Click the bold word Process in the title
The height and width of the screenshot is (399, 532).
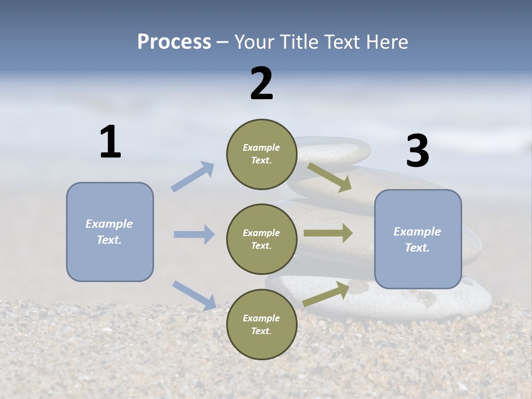coord(174,42)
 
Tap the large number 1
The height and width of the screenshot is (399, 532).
coord(110,142)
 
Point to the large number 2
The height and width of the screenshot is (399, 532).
coord(262,84)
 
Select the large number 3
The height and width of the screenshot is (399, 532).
coord(417,151)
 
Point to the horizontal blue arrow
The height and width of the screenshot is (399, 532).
coord(194,234)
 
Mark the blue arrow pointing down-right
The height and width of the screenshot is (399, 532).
coord(194,295)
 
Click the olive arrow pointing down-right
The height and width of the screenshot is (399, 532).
coord(329,177)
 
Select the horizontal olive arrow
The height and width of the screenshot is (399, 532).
coord(328,233)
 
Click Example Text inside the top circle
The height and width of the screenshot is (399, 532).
coord(262,154)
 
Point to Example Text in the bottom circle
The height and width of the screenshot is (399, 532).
coord(262,324)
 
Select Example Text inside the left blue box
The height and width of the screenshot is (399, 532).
coord(109,232)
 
